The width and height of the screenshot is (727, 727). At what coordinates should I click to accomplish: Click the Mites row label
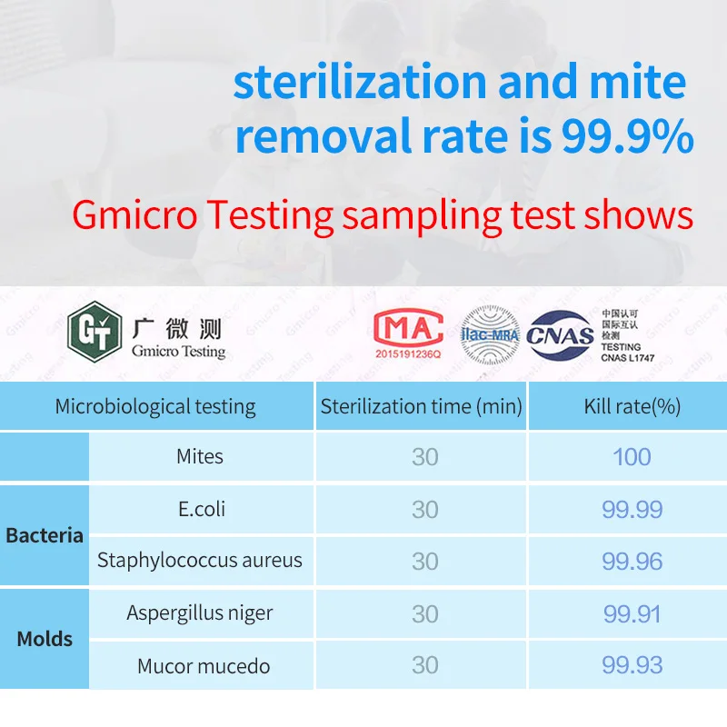point(200,456)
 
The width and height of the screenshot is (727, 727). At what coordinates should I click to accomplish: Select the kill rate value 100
point(632,456)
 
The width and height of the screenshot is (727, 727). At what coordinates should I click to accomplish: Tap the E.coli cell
point(201,509)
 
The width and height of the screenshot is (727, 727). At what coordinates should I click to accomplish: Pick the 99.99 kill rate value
point(632,509)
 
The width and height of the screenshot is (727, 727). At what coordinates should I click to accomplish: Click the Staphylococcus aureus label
point(200,561)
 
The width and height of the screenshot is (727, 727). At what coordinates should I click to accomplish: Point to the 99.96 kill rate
point(632,561)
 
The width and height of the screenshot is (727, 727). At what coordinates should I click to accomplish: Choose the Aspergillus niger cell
point(200,613)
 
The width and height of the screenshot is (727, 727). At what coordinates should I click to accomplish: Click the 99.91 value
point(632,613)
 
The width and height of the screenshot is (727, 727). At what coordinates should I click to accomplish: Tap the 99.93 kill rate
point(632,666)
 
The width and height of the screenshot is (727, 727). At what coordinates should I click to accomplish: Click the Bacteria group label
point(45,535)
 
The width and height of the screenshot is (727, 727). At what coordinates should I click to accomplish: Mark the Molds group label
point(45,639)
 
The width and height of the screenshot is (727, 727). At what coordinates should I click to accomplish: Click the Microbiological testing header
point(155,406)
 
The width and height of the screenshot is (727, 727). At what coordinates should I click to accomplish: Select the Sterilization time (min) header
point(421,406)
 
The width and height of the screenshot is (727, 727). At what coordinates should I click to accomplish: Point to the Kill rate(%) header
point(632,406)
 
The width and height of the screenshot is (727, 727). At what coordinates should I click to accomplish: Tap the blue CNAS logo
point(560,335)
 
